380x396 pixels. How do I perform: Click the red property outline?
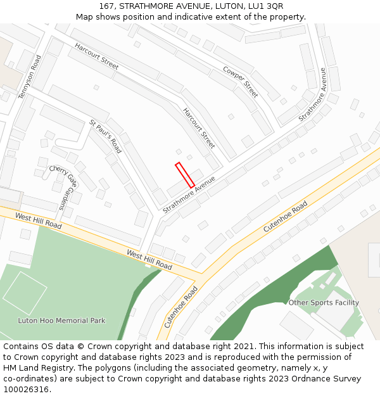tap(184, 175)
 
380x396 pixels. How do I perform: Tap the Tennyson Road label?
tap(29, 76)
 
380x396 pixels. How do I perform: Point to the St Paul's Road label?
tap(105, 136)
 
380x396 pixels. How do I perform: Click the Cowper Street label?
tap(241, 81)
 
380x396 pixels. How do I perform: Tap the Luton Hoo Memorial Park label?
tap(61, 321)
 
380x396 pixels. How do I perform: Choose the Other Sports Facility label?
tap(324, 303)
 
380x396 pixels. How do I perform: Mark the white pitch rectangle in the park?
tap(25, 293)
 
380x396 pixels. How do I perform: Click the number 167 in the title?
tap(106, 6)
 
